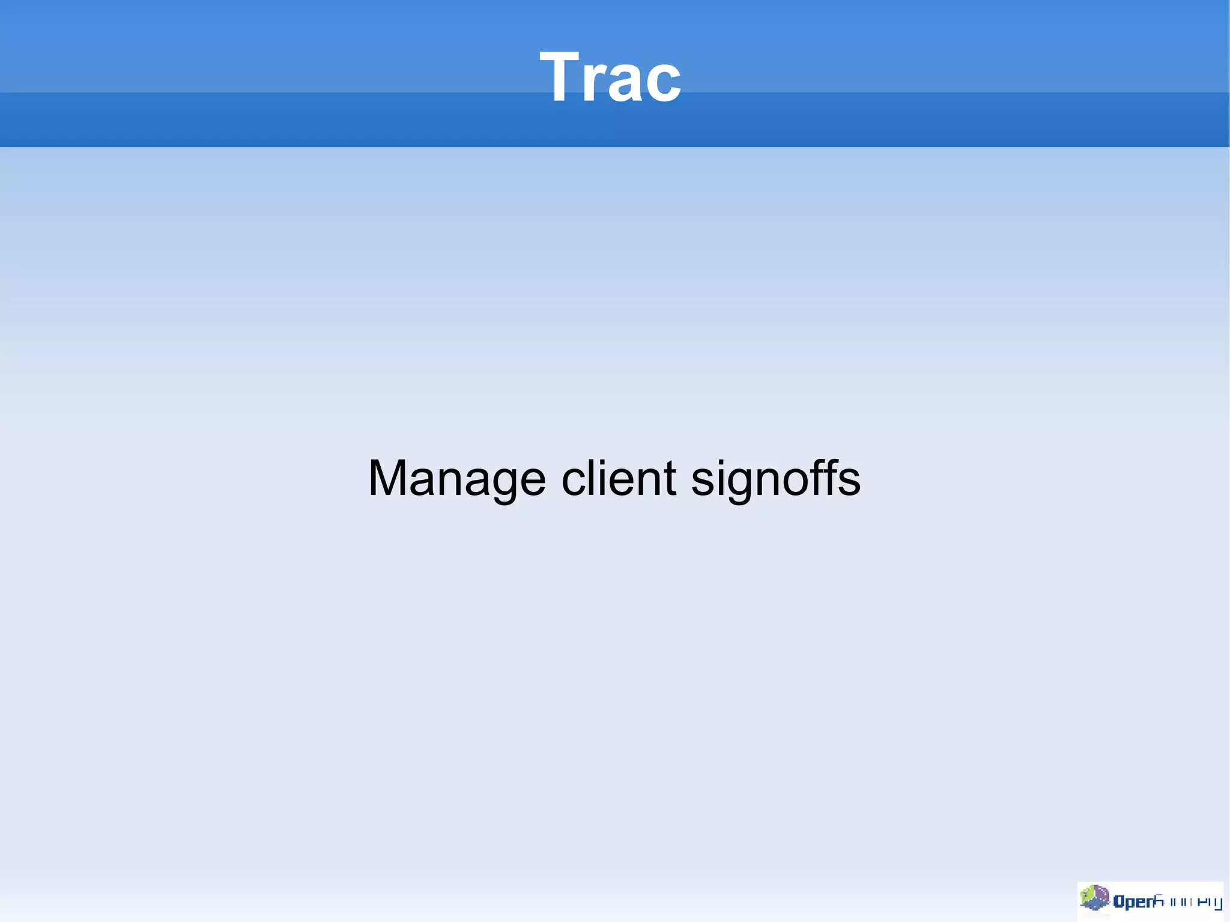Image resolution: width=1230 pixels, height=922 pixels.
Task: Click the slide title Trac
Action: [x=610, y=77]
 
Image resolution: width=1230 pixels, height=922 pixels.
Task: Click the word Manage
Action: [x=457, y=479]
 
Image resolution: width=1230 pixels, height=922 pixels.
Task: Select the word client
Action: [x=619, y=479]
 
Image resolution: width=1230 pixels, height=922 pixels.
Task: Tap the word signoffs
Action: [x=776, y=479]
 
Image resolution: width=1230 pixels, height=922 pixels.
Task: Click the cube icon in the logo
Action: [x=1094, y=899]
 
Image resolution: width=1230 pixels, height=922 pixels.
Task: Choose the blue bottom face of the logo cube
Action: [x=1097, y=905]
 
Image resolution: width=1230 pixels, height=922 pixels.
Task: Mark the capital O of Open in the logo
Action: [x=1119, y=901]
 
